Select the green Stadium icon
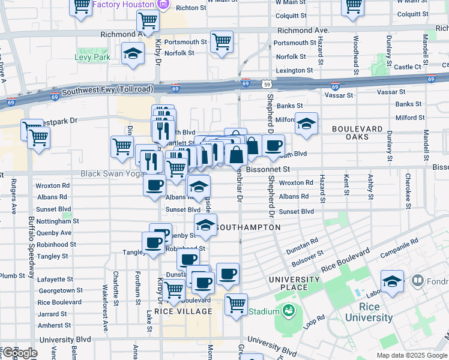click(x=289, y=311)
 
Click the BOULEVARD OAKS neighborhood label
click(x=358, y=133)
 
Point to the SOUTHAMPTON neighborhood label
click(x=248, y=227)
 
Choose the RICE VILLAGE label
click(x=183, y=311)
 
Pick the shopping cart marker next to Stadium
click(x=237, y=303)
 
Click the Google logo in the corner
click(x=19, y=353)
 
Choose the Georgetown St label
click(x=60, y=290)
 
